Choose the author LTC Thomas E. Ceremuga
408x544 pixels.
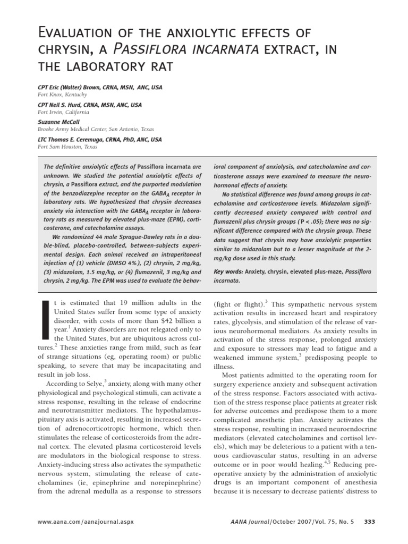[80, 139]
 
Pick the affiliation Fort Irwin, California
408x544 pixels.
[63, 112]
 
